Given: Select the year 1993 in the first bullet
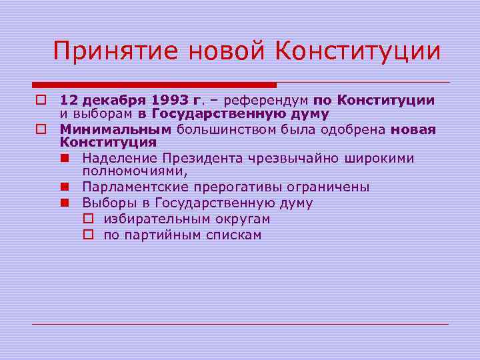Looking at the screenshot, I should [x=171, y=101].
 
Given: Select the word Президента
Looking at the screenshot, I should [x=190, y=159].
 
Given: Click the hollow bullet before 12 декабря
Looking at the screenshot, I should [x=41, y=101].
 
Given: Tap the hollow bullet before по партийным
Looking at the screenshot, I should [x=88, y=235].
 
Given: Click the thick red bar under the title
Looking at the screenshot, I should [x=154, y=85].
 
